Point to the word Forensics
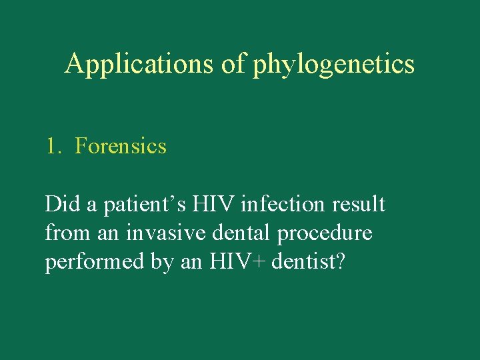click(x=121, y=146)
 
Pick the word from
click(x=65, y=233)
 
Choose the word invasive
click(x=157, y=233)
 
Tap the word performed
click(x=94, y=263)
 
